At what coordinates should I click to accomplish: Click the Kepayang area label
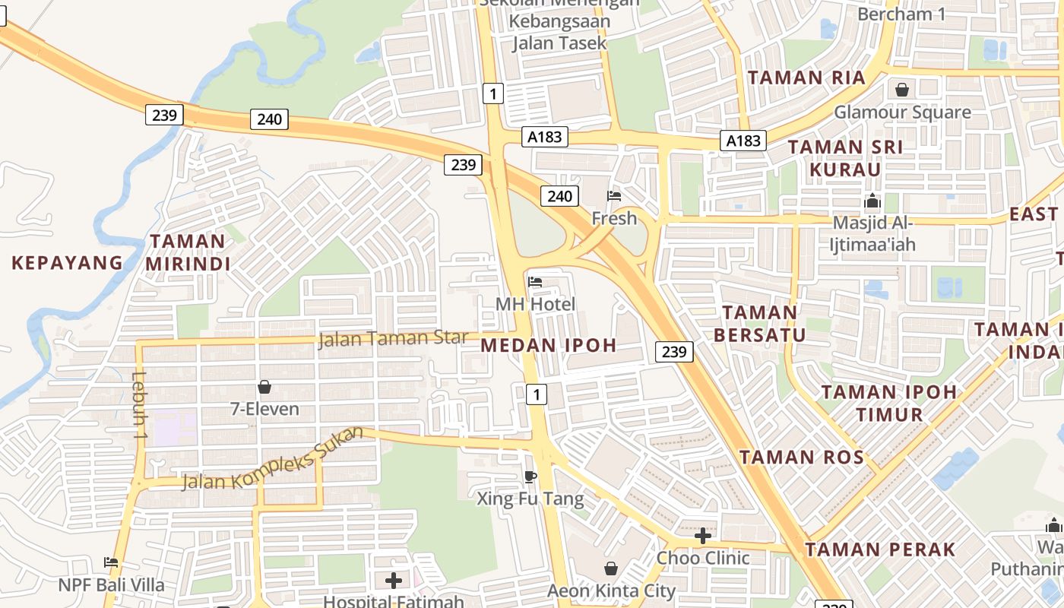coord(67,263)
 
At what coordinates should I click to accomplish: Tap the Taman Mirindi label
coord(188,252)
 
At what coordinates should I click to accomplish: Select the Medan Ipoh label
coord(549,345)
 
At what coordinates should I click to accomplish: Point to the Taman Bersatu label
coord(759,323)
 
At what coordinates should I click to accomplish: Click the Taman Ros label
coord(802,457)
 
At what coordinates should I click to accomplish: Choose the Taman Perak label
coord(880,549)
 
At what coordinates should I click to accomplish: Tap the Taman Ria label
coord(806,78)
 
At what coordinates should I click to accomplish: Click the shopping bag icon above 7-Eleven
coord(264,387)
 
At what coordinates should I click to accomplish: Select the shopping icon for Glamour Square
coord(902,90)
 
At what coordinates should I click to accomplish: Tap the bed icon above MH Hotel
coord(535,282)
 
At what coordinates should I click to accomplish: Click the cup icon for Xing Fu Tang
coord(530,477)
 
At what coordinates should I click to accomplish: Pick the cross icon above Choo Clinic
coord(703,536)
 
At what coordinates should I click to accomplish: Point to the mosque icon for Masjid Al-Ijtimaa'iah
coord(872,201)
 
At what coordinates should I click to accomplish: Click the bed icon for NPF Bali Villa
coord(111,562)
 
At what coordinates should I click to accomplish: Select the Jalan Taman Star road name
coord(392,337)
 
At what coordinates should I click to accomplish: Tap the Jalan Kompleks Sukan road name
coord(272,458)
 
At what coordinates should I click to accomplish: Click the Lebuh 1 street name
coord(139,405)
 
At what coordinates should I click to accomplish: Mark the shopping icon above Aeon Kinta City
coord(611,568)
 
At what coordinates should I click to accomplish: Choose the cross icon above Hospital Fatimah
coord(394,581)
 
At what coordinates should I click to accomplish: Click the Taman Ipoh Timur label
coord(889,403)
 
